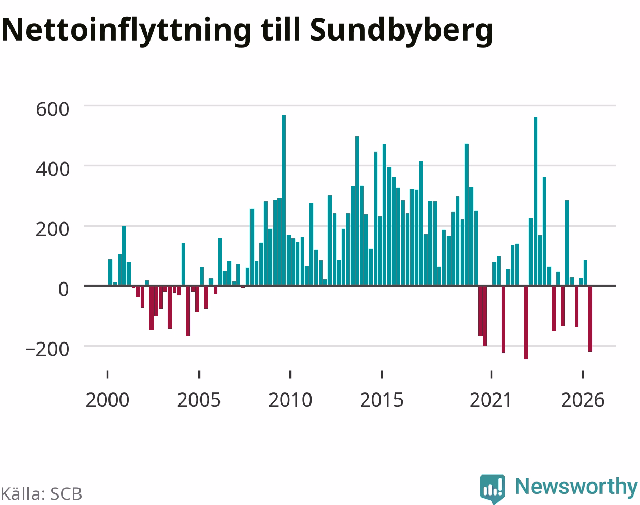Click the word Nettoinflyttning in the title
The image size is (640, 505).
tap(126, 31)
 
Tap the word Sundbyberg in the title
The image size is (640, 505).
tap(401, 31)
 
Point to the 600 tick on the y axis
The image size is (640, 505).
tap(53, 109)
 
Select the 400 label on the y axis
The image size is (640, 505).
tap(53, 169)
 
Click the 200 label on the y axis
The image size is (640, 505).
tap(53, 229)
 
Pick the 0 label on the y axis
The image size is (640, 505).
tap(64, 289)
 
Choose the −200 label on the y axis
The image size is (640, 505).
tap(47, 349)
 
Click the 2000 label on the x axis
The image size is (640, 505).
tap(107, 400)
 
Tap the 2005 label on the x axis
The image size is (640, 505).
tap(199, 400)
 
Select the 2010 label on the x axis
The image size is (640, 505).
tap(290, 400)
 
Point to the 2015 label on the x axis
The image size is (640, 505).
tap(382, 400)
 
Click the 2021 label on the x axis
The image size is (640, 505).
tap(491, 400)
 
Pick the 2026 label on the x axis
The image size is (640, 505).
tap(583, 400)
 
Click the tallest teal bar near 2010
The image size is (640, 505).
tap(284, 200)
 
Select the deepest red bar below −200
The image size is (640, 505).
tap(526, 322)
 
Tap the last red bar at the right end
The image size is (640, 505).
tap(591, 319)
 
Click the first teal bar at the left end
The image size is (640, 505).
tap(111, 272)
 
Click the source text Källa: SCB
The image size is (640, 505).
tap(42, 494)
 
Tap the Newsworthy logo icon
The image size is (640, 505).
tap(493, 489)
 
